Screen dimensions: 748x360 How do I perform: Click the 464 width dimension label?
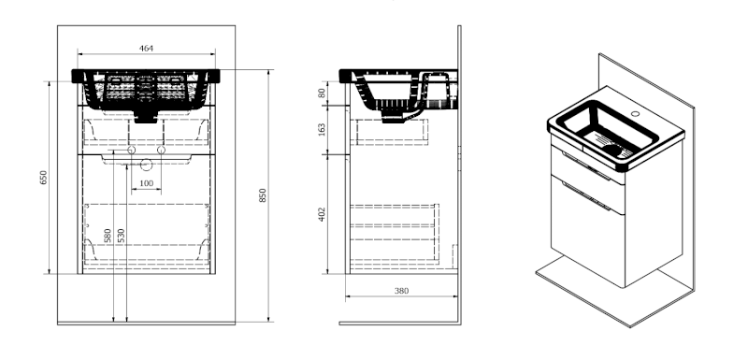(146, 49)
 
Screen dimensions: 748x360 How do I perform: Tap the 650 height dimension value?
(44, 178)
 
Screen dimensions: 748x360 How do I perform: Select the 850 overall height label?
(263, 195)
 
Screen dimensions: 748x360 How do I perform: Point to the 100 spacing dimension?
(147, 183)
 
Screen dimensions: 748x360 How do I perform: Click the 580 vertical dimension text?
(108, 236)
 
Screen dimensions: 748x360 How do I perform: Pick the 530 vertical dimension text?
(121, 236)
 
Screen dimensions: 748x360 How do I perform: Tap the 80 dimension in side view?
(322, 93)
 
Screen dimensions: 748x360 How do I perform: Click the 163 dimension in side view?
(322, 129)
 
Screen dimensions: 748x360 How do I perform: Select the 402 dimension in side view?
(322, 214)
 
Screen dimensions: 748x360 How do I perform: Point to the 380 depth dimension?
(402, 291)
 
